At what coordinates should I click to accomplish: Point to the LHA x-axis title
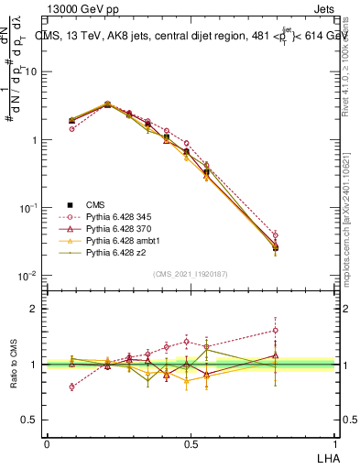point(327,456)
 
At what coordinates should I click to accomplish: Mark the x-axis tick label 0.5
point(191,443)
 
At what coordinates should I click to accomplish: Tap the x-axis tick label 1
point(335,443)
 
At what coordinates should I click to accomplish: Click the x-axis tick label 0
point(47,443)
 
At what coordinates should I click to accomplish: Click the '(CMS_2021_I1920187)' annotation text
point(191,274)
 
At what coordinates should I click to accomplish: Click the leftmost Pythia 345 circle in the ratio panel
point(71,387)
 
